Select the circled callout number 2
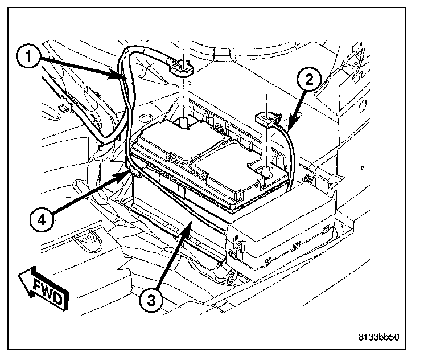[x=308, y=80]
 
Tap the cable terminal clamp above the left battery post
[x=180, y=68]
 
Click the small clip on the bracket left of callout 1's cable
[x=64, y=106]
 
